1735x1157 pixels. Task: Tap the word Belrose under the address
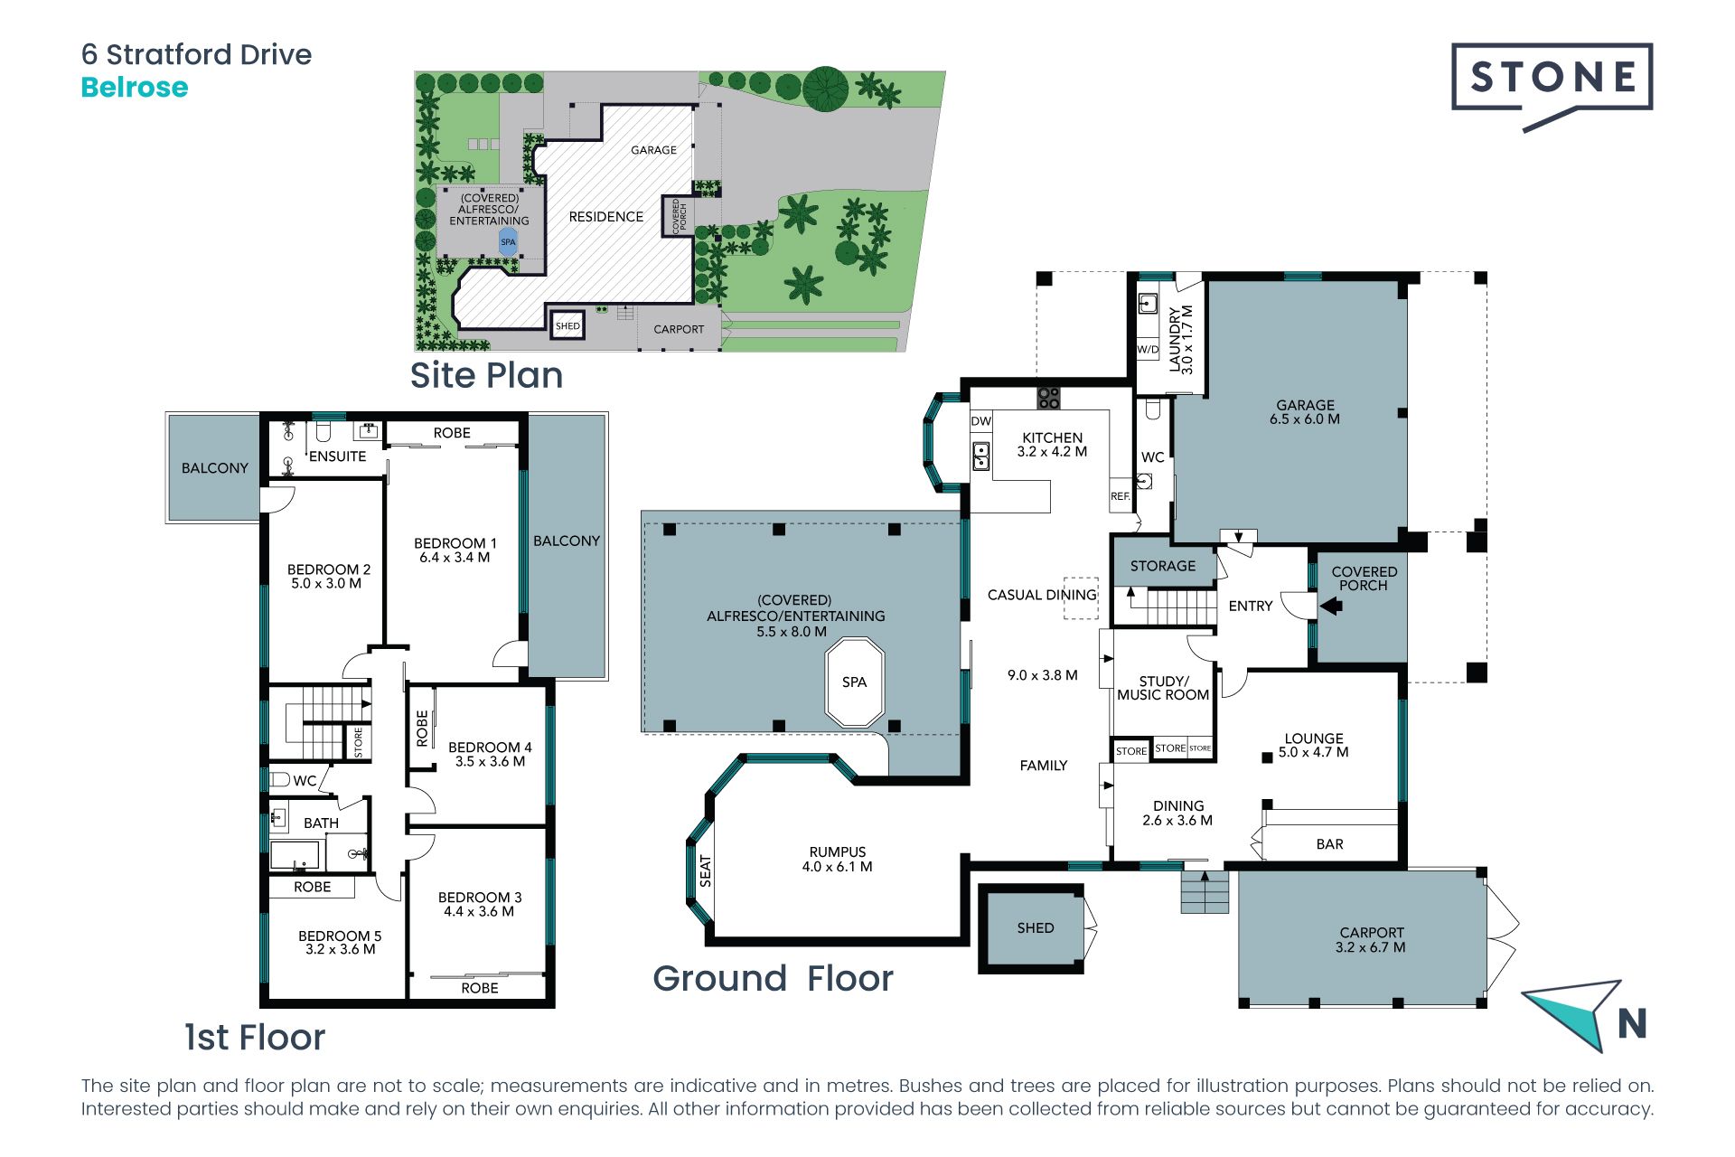tap(135, 88)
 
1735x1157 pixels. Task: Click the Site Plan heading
tap(486, 375)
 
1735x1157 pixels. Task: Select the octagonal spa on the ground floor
tap(854, 682)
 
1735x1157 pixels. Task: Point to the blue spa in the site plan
tap(508, 241)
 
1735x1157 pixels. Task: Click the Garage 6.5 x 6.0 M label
tap(1305, 412)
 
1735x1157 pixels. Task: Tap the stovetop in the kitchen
tap(1048, 397)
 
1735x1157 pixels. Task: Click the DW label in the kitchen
tap(981, 421)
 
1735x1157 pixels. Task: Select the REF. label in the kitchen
tap(1121, 496)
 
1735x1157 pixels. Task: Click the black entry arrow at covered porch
tap(1331, 607)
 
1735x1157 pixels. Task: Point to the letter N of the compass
tap(1632, 1023)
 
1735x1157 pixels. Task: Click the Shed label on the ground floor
tap(1036, 928)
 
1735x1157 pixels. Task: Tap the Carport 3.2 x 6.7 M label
tap(1371, 940)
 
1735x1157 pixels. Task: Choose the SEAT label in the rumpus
tap(706, 870)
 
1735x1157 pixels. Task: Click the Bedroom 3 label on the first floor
tap(480, 904)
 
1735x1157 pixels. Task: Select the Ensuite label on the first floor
tap(337, 456)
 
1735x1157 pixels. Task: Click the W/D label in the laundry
tap(1148, 350)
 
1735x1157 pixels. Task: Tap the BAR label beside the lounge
tap(1329, 844)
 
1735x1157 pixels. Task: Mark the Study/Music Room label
tap(1163, 688)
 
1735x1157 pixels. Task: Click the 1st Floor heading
tap(255, 1038)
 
